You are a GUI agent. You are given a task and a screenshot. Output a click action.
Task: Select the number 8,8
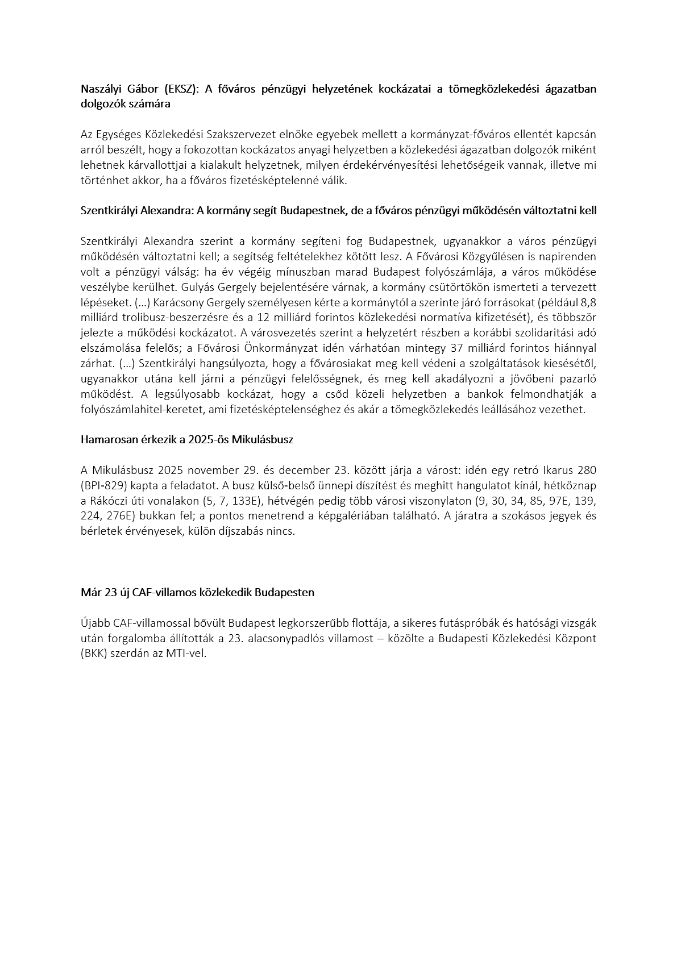tap(588, 302)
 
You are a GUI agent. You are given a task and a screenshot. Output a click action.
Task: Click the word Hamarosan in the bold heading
tap(106, 440)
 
